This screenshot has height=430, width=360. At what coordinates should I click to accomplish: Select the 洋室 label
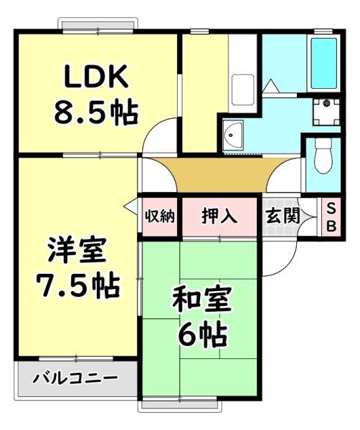77,252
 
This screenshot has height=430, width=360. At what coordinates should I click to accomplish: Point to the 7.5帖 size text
77,287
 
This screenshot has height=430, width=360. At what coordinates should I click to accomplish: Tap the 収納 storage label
159,216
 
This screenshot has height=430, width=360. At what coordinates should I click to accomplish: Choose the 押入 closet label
219,216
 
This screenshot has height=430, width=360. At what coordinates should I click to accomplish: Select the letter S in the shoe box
331,208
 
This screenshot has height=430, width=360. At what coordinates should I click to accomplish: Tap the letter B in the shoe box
331,225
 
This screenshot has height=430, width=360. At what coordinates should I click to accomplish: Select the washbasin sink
234,134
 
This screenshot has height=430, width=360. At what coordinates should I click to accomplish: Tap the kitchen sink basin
242,87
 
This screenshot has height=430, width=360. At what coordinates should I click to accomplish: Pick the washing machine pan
327,112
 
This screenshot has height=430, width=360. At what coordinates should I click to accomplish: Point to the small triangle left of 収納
130,208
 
